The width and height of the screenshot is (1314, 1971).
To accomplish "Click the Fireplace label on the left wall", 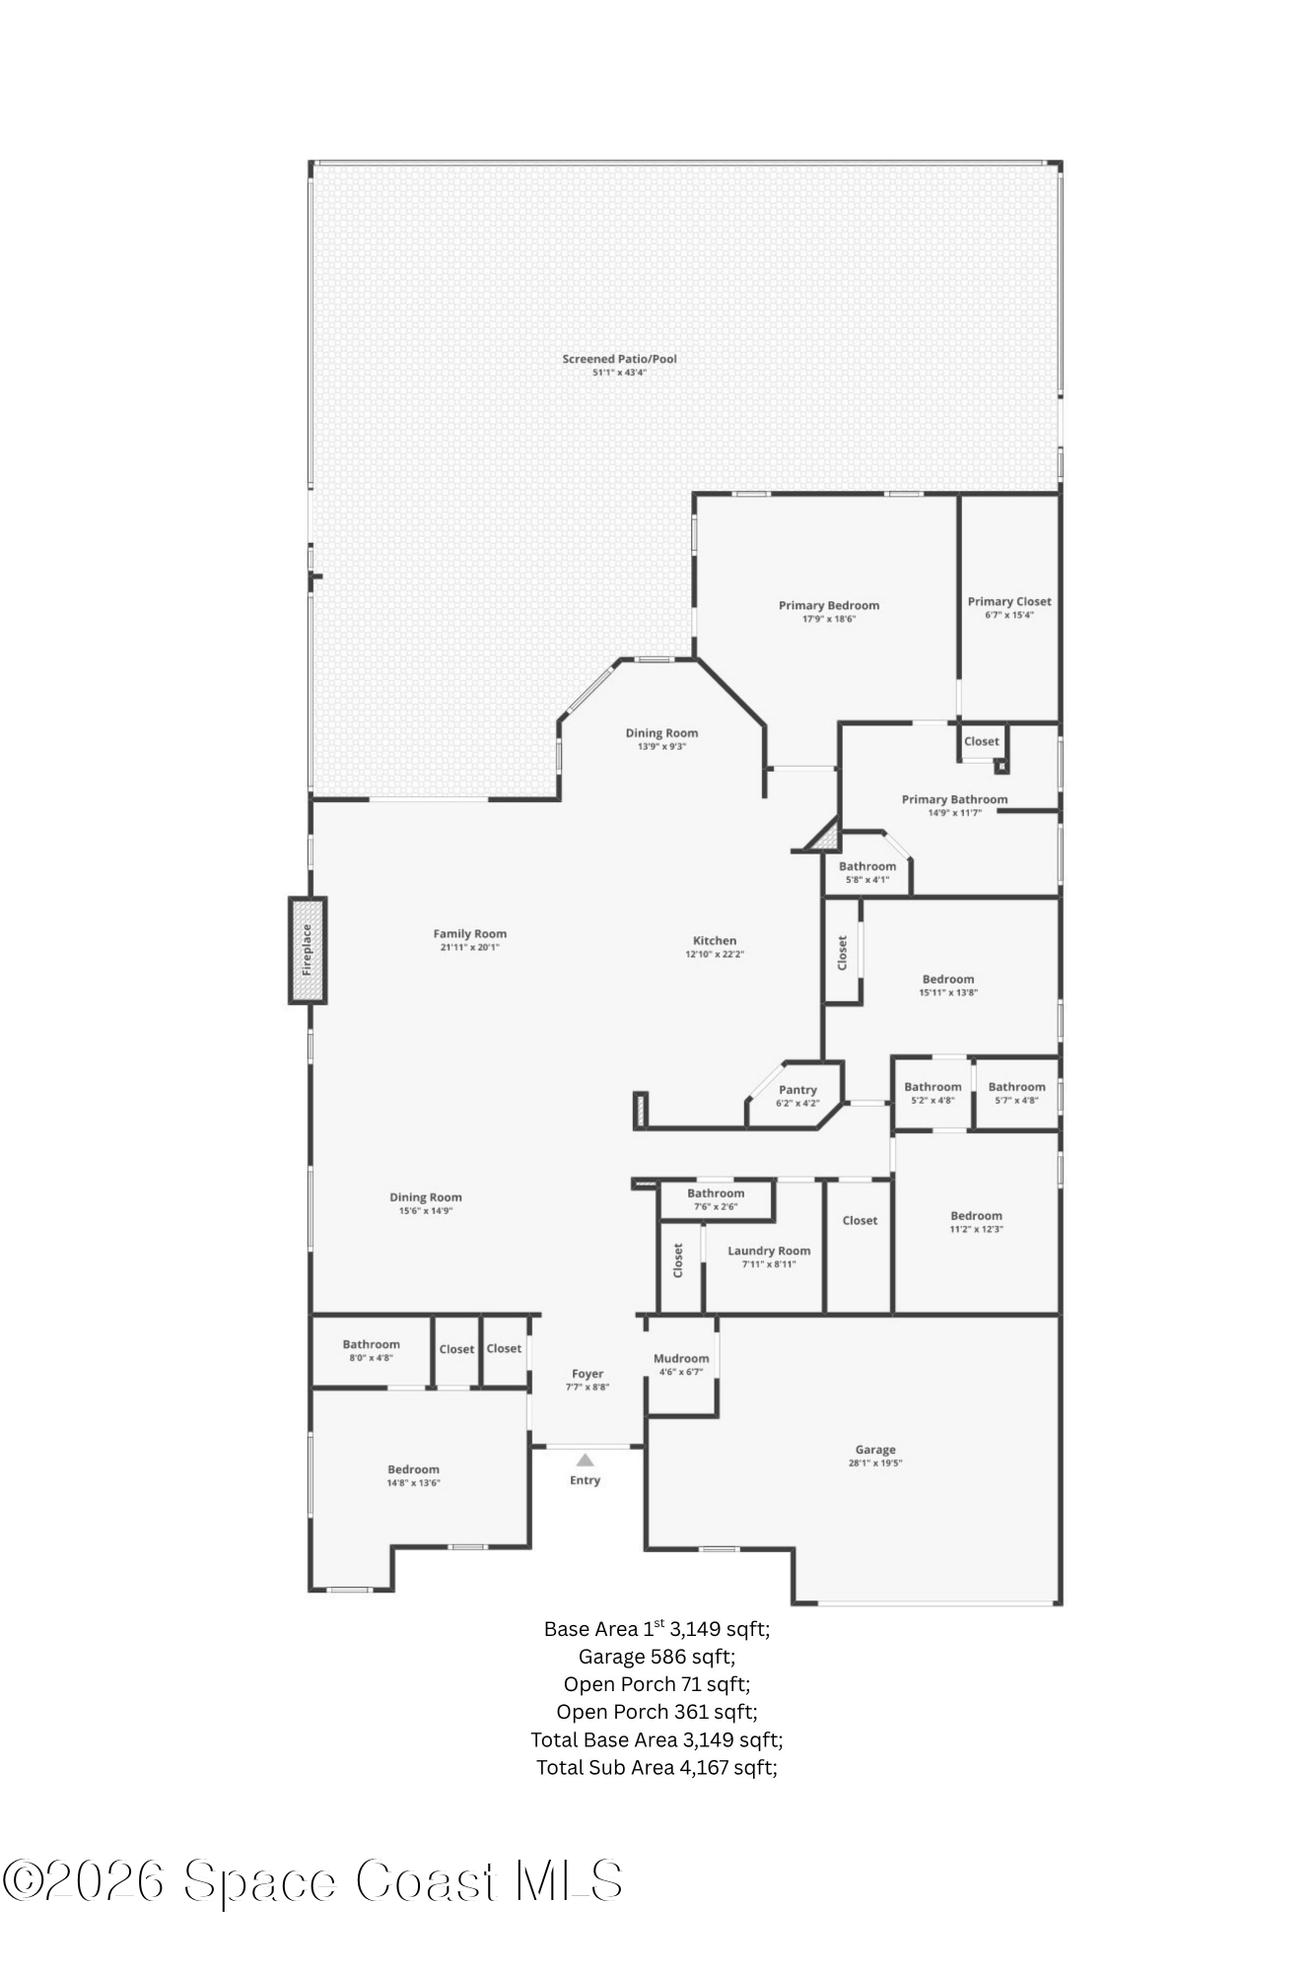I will point(307,950).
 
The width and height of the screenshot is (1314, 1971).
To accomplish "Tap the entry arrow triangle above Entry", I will point(586,1461).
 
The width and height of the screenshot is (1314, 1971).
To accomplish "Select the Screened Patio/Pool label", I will point(619,359).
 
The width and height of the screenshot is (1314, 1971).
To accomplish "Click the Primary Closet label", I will point(1008,601).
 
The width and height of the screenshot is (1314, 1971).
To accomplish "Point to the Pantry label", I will point(797,1090).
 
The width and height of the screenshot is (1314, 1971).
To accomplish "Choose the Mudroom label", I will point(681,1358).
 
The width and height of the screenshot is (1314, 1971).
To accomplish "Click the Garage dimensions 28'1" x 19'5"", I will point(875,1463).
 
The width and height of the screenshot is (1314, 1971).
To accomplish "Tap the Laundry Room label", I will point(769,1251).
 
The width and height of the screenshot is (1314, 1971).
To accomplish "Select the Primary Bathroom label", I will point(954,799).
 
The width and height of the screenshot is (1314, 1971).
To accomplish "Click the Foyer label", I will point(588,1374).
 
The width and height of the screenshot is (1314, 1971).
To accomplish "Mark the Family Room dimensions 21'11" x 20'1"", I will point(470,948).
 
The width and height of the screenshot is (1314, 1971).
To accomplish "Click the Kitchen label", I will point(715,940).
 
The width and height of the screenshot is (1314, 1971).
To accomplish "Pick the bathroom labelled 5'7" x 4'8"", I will point(1016,1093).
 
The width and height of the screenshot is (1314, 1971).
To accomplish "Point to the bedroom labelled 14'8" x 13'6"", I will point(413,1475).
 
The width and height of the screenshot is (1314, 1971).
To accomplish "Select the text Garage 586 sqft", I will point(657,1657).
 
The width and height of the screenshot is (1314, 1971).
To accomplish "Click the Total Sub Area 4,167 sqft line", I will point(657,1767).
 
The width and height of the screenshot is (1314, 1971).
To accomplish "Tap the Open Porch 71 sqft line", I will point(657,1684).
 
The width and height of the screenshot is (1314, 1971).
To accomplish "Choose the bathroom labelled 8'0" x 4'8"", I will point(371,1350).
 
